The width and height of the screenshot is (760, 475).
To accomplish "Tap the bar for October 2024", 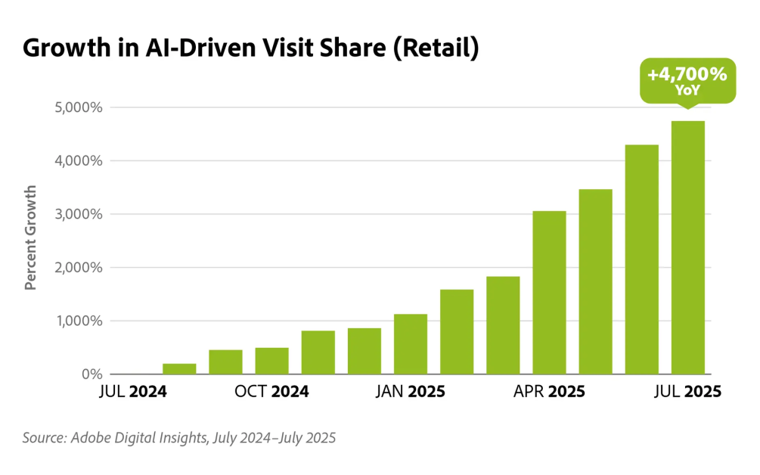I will pyautogui.click(x=271, y=361).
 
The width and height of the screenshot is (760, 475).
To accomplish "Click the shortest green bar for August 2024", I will pyautogui.click(x=179, y=369).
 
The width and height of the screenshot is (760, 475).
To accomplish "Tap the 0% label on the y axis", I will pyautogui.click(x=91, y=374).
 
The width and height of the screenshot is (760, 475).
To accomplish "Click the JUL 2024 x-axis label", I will pyautogui.click(x=132, y=393).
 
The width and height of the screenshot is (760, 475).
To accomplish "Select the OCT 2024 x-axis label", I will pyautogui.click(x=271, y=393).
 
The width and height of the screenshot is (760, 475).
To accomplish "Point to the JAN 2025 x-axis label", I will pyautogui.click(x=411, y=393).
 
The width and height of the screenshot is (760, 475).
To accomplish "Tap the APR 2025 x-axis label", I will pyautogui.click(x=549, y=393).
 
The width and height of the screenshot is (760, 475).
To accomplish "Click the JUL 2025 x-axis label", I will pyautogui.click(x=687, y=393).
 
